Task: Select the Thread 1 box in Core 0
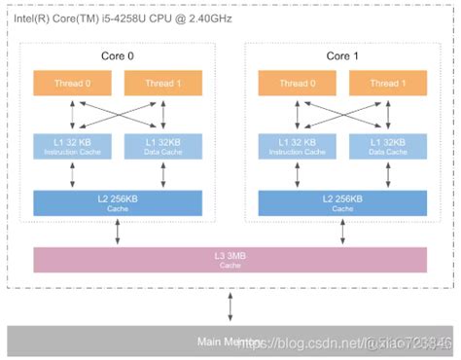163,83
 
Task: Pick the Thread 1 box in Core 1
388,83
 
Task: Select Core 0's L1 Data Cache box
163,146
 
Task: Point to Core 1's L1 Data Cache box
388,146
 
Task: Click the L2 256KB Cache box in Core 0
118,202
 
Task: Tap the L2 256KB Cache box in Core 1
341,202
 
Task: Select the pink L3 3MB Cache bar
230,260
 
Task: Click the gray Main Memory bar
230,341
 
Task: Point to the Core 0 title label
118,55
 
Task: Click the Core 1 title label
341,55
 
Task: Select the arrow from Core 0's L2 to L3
118,232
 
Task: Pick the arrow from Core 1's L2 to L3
341,232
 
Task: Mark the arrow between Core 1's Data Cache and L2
388,175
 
